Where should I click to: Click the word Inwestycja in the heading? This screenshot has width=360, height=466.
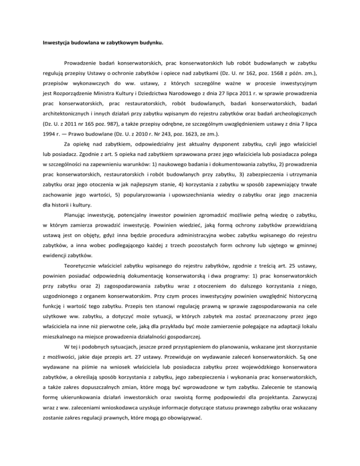click(x=55, y=47)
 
